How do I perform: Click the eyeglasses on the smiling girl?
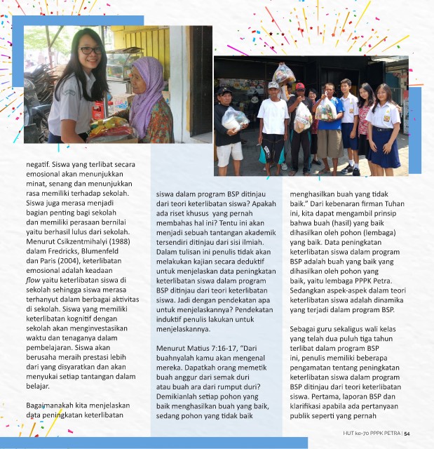89,51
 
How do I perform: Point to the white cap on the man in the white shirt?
273,86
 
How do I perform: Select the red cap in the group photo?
300,86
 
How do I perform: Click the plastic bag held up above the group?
283,74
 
